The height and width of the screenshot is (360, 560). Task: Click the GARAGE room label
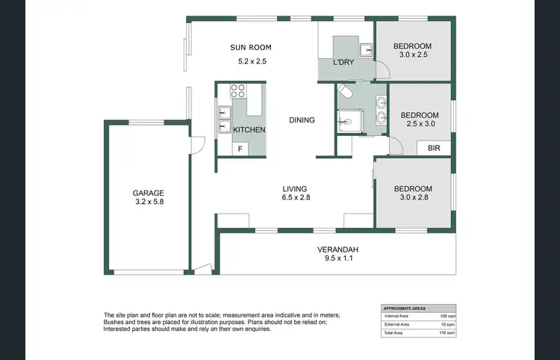click(149, 192)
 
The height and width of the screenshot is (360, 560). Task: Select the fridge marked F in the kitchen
click(240, 149)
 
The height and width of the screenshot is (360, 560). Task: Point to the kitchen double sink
click(225, 120)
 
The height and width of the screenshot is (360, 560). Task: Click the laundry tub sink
click(365, 51)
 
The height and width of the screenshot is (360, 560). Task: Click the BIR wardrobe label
click(434, 149)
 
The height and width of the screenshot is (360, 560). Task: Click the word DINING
click(302, 120)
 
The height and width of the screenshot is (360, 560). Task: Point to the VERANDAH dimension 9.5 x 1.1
click(337, 259)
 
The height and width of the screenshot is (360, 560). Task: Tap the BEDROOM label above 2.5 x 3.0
click(420, 115)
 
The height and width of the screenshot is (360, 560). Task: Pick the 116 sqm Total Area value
click(444, 332)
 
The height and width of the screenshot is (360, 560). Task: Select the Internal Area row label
click(396, 317)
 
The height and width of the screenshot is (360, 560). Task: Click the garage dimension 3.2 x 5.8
click(149, 202)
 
